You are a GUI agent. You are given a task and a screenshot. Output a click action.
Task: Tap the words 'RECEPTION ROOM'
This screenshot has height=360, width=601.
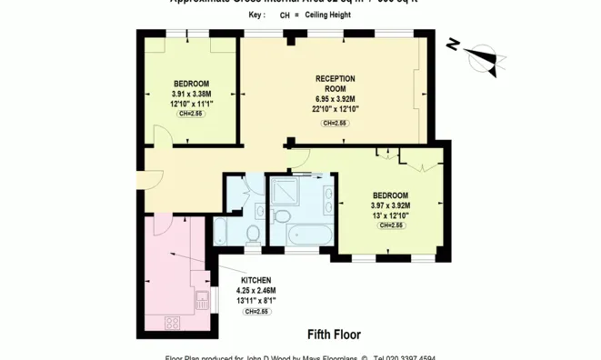pyautogui.click(x=335, y=84)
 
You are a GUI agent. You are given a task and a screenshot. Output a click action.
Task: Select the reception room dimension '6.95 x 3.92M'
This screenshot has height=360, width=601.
pyautogui.click(x=335, y=99)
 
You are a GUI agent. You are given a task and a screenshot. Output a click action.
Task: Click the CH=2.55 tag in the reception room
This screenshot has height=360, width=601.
pyautogui.click(x=335, y=123)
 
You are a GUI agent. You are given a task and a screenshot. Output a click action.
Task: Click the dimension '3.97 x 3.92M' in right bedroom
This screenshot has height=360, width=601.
pyautogui.click(x=390, y=205)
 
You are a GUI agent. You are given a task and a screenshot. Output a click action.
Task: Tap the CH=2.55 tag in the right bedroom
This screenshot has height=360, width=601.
pyautogui.click(x=390, y=225)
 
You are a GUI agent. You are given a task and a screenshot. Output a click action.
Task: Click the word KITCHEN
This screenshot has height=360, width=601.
pyautogui.click(x=255, y=280)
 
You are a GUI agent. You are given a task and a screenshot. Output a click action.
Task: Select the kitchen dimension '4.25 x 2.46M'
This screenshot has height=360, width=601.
pyautogui.click(x=255, y=290)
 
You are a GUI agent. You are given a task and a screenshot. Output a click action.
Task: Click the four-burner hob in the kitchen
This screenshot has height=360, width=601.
pyautogui.click(x=172, y=323)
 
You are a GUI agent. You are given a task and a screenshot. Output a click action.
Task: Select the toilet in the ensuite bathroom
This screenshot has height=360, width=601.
pyautogui.click(x=281, y=215)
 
